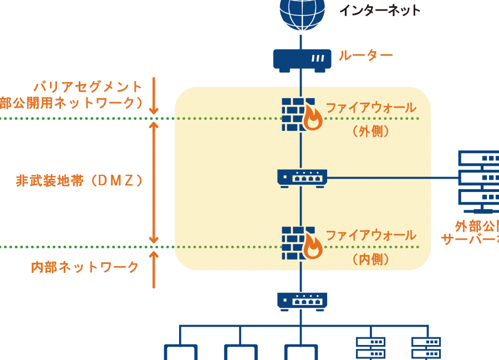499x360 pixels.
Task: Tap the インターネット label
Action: pyautogui.click(x=380, y=10)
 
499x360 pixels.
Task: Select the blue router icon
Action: pyautogui.click(x=301, y=60)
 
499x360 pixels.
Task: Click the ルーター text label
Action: pyautogui.click(x=366, y=55)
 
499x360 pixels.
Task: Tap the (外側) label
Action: pyautogui.click(x=370, y=132)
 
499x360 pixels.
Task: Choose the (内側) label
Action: pyautogui.click(x=370, y=259)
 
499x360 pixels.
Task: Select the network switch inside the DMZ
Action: pyautogui.click(x=302, y=178)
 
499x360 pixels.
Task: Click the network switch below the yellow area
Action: pyautogui.click(x=302, y=301)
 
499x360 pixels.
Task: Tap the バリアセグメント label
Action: pyautogui.click(x=88, y=87)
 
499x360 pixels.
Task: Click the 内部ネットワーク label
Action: pyautogui.click(x=85, y=267)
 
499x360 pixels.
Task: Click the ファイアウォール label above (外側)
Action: pyautogui.click(x=370, y=108)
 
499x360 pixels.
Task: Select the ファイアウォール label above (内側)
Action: pyautogui.click(x=370, y=235)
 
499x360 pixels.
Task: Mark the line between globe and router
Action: pyautogui.click(x=301, y=40)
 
